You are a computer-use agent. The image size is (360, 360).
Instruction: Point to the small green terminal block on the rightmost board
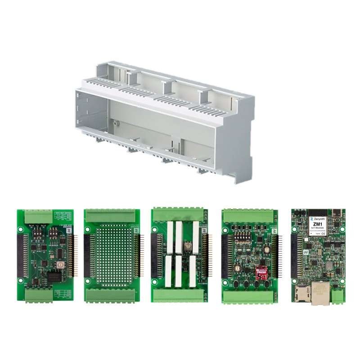[339, 295]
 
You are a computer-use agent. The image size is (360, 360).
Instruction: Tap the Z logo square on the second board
[134, 230]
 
